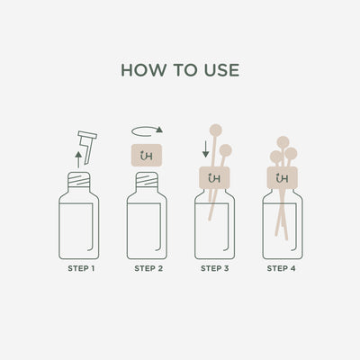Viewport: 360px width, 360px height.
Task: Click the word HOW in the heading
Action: tap(139, 70)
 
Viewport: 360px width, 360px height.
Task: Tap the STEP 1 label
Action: tap(84, 268)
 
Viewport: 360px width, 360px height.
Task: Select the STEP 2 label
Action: tap(149, 268)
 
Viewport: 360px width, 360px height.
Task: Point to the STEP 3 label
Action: tap(215, 268)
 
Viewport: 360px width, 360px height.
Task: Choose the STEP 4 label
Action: tap(282, 268)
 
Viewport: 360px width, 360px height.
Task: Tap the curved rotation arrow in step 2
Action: tap(148, 130)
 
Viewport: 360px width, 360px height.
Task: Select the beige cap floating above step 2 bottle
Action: tap(148, 154)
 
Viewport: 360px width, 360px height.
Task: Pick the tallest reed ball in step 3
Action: tap(215, 129)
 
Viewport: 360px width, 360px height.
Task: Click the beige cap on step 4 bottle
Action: tap(282, 178)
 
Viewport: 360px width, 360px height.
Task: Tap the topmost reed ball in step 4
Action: tap(283, 141)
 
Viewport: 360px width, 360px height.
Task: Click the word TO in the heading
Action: tap(180, 70)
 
